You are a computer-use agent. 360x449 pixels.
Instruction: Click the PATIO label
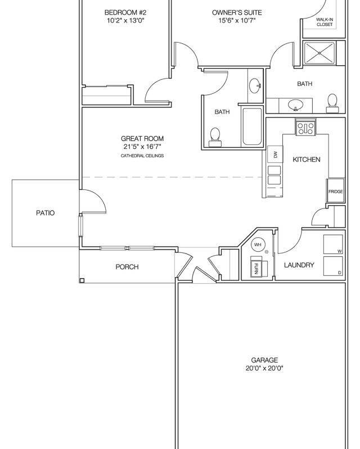point(45,213)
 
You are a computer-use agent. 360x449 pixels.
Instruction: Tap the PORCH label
point(127,267)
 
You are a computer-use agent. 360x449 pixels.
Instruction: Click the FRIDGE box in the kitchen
point(335,191)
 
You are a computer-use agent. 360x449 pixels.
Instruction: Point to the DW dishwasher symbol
point(276,155)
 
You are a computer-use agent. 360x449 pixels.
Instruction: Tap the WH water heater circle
point(258,244)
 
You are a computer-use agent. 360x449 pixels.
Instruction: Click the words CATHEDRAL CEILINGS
point(142,156)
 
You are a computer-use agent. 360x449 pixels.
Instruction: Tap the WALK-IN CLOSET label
point(325,22)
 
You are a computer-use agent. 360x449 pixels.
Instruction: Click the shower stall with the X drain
point(320,53)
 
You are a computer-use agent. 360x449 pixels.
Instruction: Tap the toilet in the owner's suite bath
point(332,102)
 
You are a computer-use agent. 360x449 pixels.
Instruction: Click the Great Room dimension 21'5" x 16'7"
point(142,147)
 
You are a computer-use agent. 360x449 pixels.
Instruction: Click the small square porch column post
point(82,280)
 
